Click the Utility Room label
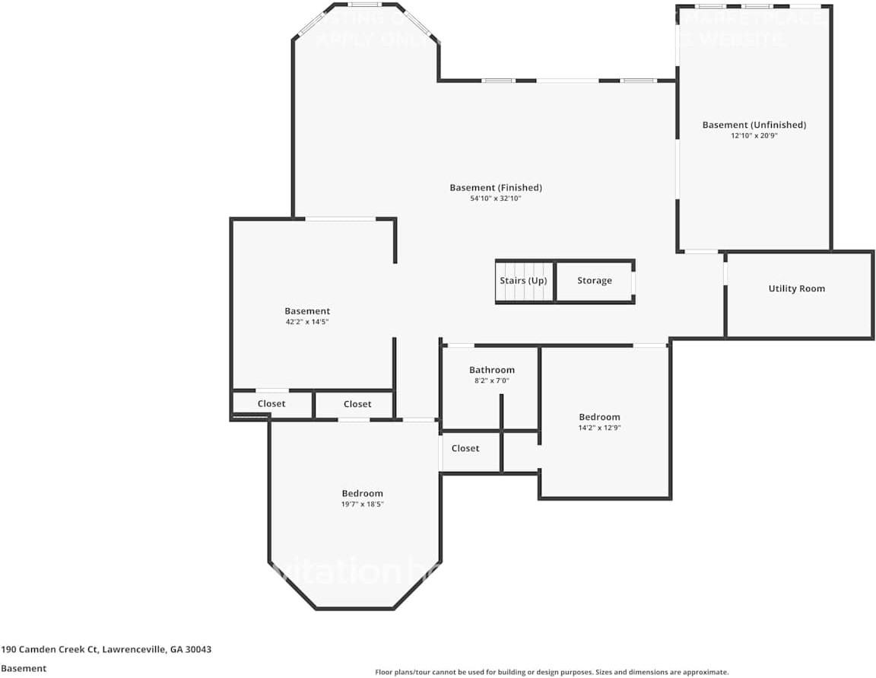(796, 288)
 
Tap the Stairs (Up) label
(523, 281)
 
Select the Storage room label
(594, 281)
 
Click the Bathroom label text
(491, 370)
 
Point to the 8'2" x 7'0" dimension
(491, 380)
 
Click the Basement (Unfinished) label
(754, 125)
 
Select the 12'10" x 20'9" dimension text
(754, 135)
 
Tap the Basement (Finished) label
(495, 187)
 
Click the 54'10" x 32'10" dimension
(495, 199)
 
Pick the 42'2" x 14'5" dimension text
(307, 322)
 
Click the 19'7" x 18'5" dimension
(362, 504)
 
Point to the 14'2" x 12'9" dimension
(599, 428)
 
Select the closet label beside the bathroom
(465, 448)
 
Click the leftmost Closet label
(271, 403)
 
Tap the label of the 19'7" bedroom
(362, 493)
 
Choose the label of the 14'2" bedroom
(599, 417)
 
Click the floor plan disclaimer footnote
(551, 672)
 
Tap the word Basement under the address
(24, 668)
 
